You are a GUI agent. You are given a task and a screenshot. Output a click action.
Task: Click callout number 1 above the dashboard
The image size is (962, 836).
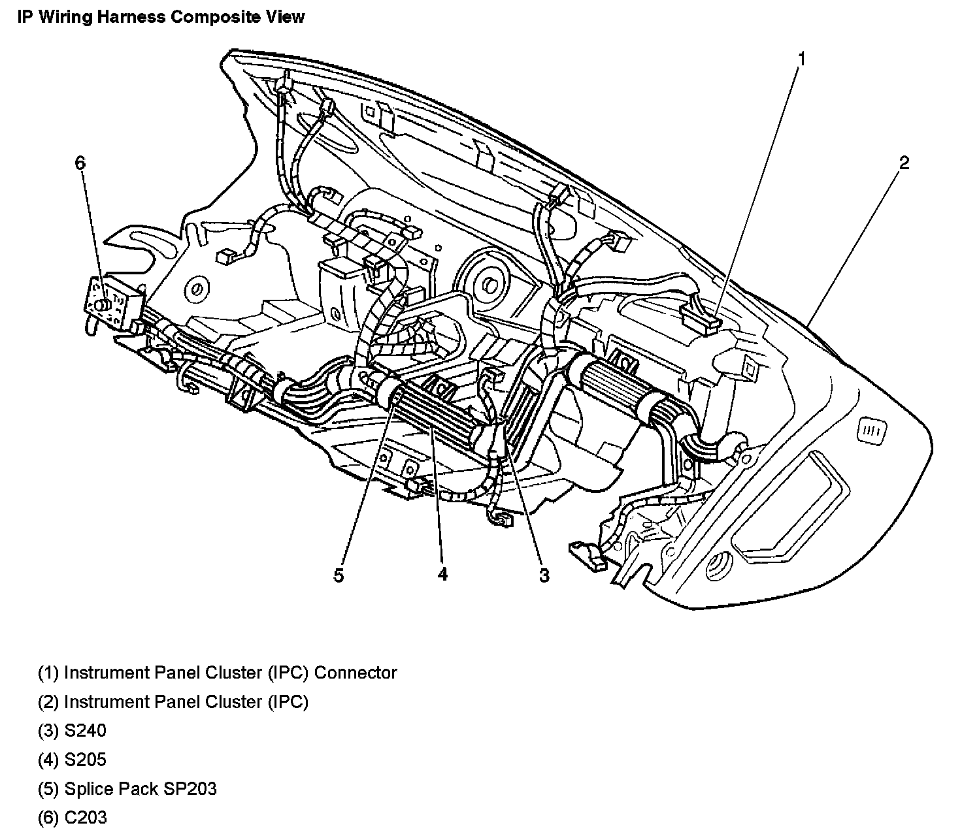click(801, 59)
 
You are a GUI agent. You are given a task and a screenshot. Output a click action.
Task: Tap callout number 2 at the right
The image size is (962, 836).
click(904, 163)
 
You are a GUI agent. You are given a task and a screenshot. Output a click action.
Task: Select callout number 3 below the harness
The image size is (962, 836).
click(544, 575)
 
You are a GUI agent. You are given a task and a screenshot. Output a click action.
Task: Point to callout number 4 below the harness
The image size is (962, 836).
click(442, 575)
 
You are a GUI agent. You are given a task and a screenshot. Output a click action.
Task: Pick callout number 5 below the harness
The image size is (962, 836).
click(339, 575)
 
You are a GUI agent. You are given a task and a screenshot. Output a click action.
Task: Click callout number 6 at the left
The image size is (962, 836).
click(80, 163)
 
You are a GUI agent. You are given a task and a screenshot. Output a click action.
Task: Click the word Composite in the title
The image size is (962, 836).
click(212, 17)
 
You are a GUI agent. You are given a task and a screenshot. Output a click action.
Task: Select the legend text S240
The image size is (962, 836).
click(85, 730)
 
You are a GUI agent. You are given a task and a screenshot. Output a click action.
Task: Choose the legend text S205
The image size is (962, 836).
click(85, 760)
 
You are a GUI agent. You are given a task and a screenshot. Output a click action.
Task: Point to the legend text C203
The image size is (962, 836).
click(85, 817)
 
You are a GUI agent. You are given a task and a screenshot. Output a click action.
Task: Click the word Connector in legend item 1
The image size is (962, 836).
click(356, 672)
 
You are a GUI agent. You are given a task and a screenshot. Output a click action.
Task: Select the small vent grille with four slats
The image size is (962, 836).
click(872, 430)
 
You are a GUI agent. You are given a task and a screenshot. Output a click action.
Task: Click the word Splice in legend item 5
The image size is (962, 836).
click(87, 788)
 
